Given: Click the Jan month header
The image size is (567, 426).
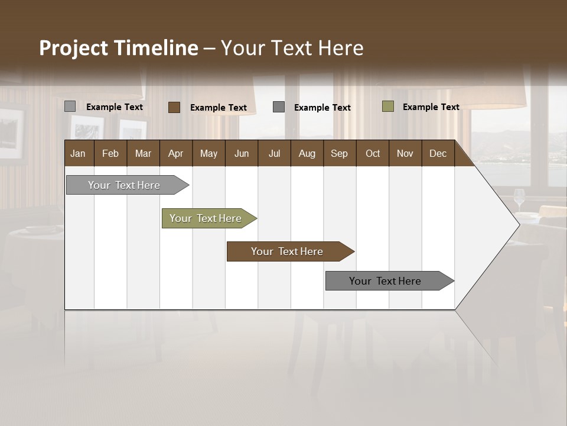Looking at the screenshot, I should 78,153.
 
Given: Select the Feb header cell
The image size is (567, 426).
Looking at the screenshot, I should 110,153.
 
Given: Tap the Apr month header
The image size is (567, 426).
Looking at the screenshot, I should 175,153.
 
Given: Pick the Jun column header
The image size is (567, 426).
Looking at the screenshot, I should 242,153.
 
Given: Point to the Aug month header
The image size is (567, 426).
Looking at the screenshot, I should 307,153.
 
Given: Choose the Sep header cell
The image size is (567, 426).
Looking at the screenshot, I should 339,153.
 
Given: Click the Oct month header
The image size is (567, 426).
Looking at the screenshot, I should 373,153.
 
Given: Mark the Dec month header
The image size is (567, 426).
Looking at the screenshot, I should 438,153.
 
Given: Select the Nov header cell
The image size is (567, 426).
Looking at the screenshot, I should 405,153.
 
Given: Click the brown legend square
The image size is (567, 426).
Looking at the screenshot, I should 174,107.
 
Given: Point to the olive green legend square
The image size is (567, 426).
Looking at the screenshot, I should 388,106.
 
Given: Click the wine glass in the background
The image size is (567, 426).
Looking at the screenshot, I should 519,199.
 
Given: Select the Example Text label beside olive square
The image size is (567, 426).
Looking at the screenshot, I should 431,107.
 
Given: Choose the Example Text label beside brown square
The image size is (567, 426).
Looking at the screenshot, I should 218,108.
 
